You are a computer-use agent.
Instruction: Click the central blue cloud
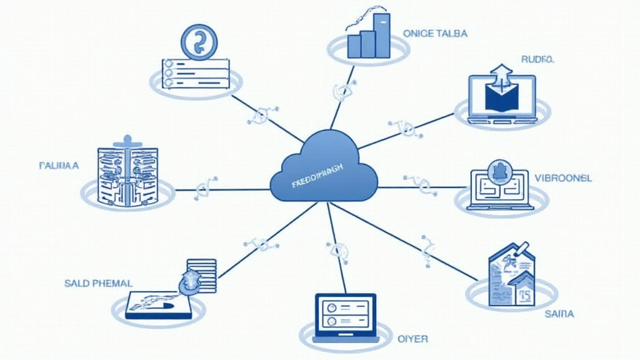(x=324, y=169)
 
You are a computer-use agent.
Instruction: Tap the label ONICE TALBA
(x=436, y=33)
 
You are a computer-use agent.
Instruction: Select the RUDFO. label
(x=537, y=59)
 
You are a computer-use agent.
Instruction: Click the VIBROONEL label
(x=563, y=177)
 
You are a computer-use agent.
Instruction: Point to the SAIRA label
(x=559, y=313)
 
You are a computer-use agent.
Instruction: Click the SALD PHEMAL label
(x=98, y=283)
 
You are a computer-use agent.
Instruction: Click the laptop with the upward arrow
(x=502, y=97)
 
